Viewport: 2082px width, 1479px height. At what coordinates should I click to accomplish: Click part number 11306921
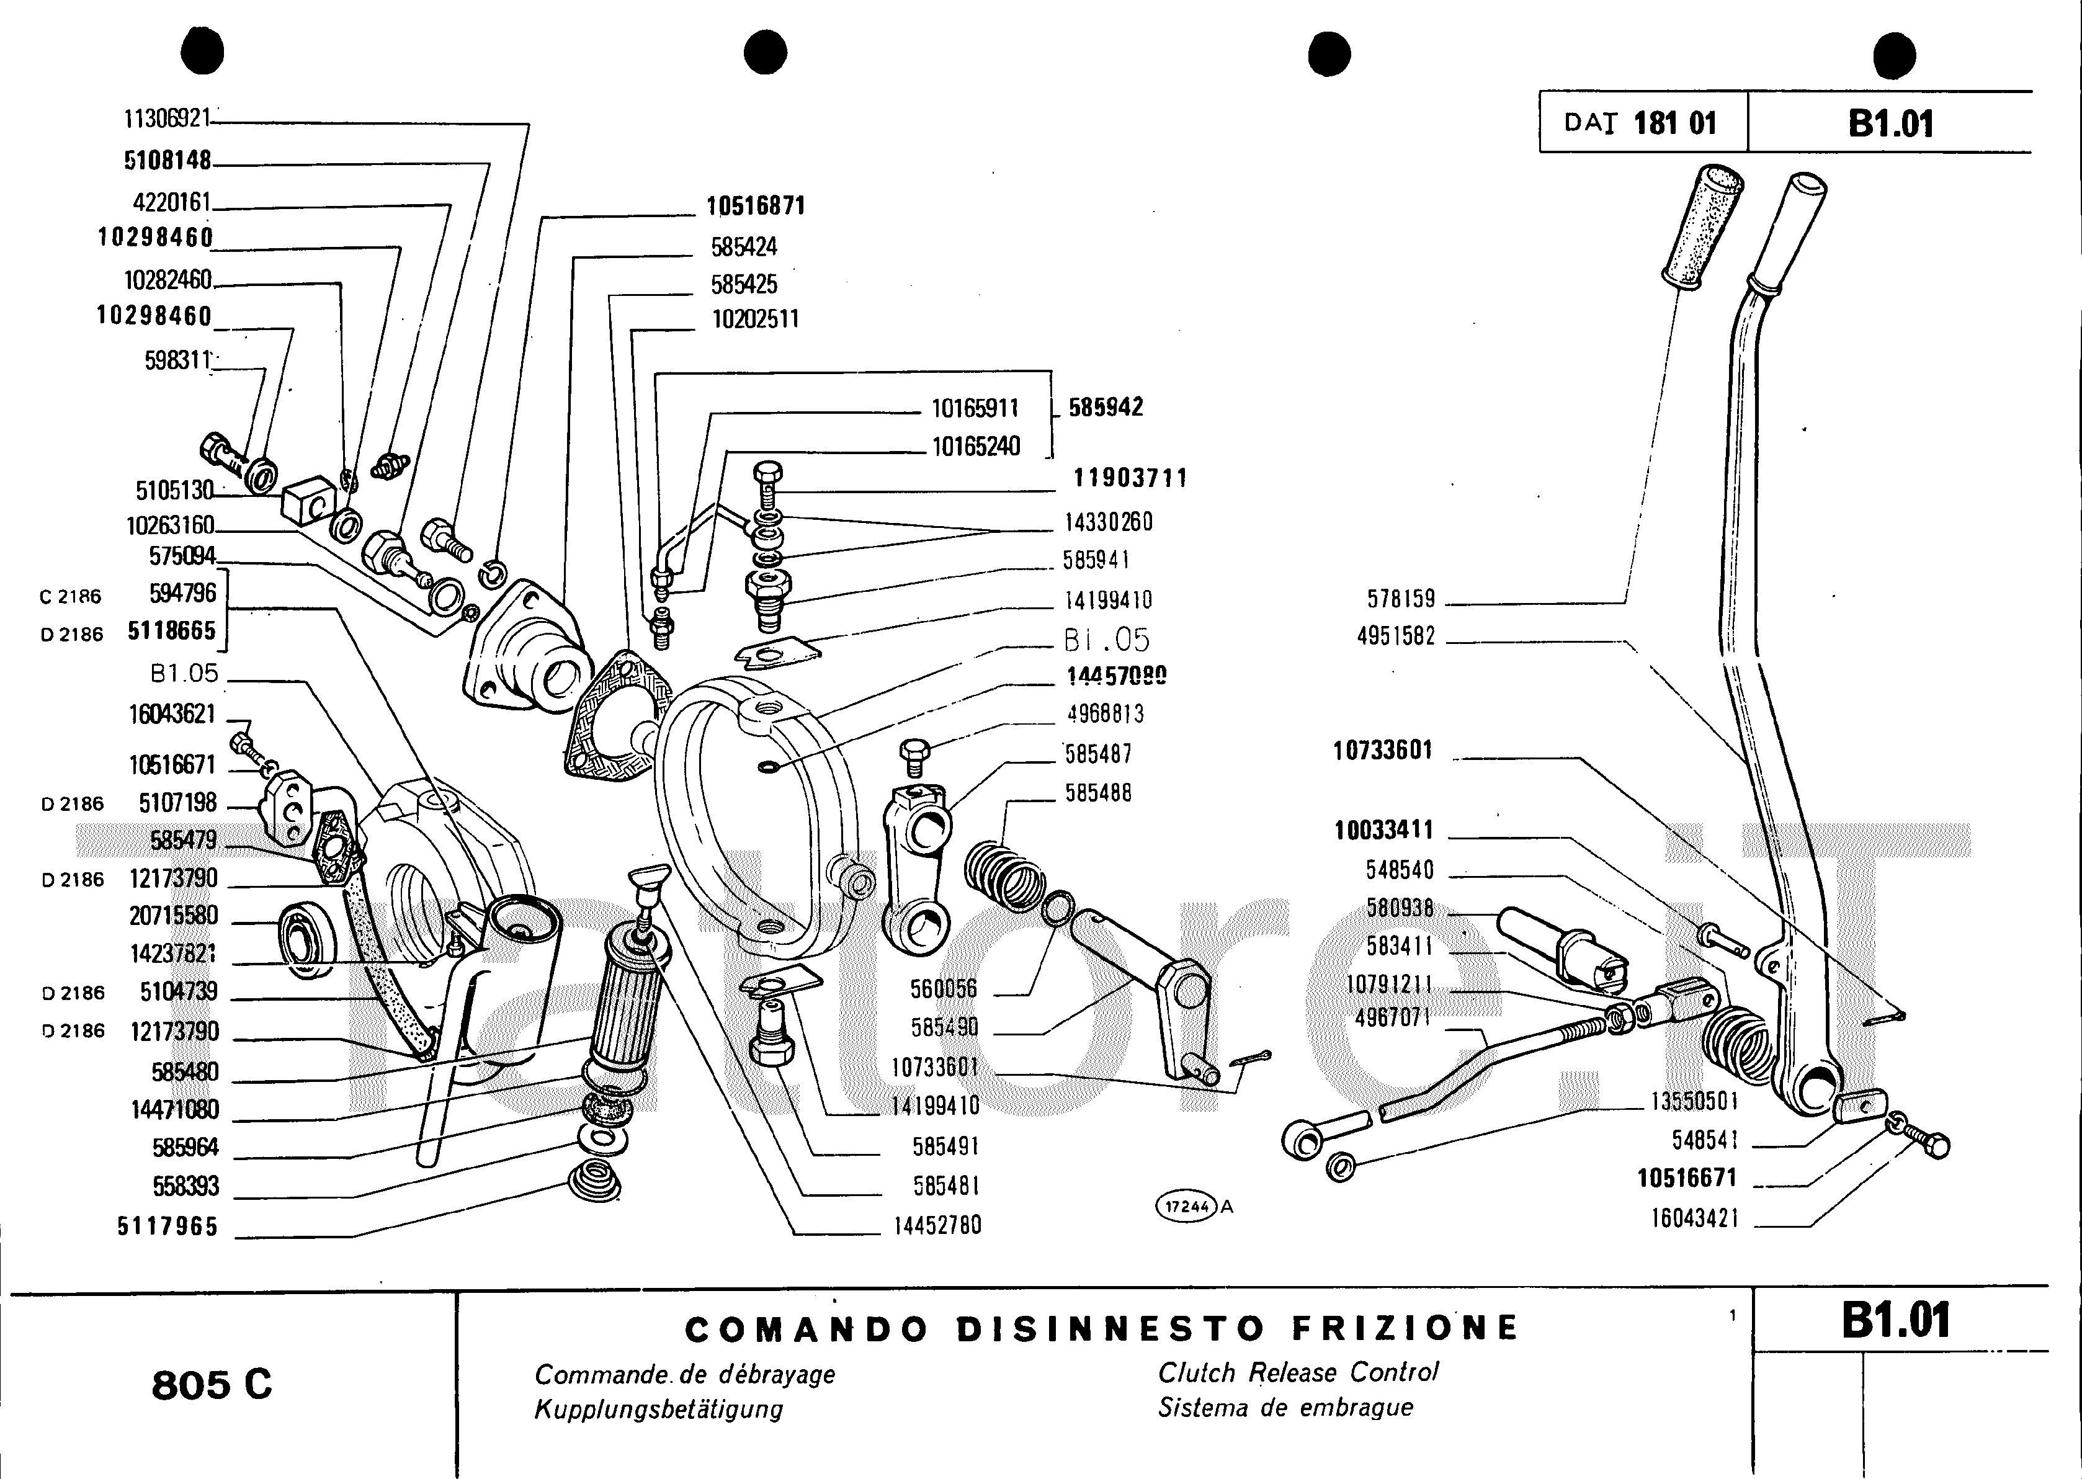tap(167, 119)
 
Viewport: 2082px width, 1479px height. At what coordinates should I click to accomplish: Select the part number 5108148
tap(168, 161)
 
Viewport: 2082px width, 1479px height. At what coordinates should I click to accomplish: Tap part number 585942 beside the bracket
tap(1106, 408)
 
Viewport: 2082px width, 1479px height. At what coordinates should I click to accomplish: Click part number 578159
tap(1401, 599)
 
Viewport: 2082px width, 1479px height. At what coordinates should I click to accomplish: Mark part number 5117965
tap(168, 1227)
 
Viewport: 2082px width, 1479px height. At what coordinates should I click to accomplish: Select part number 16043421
tap(1695, 1218)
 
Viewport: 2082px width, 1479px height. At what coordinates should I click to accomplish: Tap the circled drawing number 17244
tap(1187, 1207)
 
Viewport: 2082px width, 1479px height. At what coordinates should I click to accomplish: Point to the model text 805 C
tap(212, 1385)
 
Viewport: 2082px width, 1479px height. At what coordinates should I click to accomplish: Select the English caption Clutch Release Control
tap(1298, 1372)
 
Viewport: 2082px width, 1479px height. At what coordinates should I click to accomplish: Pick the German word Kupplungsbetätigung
tap(658, 1410)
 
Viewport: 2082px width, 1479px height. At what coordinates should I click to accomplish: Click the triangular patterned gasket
tap(610, 716)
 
